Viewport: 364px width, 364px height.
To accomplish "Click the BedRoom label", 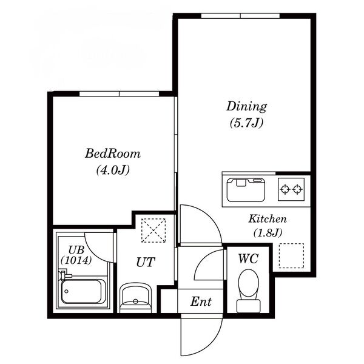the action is pyautogui.click(x=113, y=153).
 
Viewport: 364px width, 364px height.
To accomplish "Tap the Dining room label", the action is pyautogui.click(x=246, y=107).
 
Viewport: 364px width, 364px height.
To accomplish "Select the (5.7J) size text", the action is pyautogui.click(x=246, y=123).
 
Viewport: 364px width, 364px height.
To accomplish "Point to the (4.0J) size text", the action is pyautogui.click(x=113, y=170).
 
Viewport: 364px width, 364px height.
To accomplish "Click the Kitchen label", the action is pyautogui.click(x=268, y=219).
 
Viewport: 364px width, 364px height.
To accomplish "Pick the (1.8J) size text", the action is pyautogui.click(x=268, y=232).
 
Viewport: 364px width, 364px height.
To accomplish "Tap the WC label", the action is pyautogui.click(x=248, y=258).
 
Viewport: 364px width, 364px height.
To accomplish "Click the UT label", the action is pyautogui.click(x=146, y=262).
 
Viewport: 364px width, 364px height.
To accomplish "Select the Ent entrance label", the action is pyautogui.click(x=201, y=302).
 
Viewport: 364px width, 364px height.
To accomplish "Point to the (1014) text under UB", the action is pyautogui.click(x=76, y=260).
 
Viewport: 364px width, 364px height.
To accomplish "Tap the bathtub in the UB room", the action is pyautogui.click(x=81, y=292).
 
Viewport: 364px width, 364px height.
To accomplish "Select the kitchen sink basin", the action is pyautogui.click(x=246, y=190).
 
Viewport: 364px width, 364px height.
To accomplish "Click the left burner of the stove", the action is pyautogui.click(x=285, y=189).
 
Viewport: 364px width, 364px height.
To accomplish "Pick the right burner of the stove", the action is pyautogui.click(x=297, y=189).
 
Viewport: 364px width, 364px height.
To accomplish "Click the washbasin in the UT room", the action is pyautogui.click(x=135, y=297).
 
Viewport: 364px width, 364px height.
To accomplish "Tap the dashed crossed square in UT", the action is pyautogui.click(x=153, y=231).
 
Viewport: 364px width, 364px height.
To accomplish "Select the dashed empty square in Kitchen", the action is pyautogui.click(x=291, y=255).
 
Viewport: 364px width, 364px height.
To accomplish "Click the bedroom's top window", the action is pyautogui.click(x=120, y=94).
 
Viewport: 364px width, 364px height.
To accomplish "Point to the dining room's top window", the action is pyautogui.click(x=240, y=16).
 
